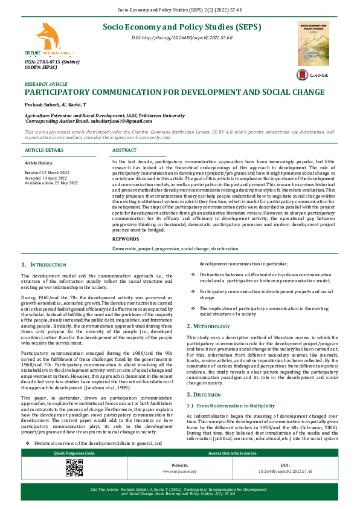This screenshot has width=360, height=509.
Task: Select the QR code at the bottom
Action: pos(74,468)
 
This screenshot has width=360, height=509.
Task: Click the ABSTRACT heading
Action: pos(124,149)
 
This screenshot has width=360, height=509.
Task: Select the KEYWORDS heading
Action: pos(125,239)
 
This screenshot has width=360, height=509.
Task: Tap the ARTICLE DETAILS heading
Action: pos(43,149)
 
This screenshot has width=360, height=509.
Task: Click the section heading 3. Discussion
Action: pos(208,377)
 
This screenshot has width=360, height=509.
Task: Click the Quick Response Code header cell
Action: pos(74,453)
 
